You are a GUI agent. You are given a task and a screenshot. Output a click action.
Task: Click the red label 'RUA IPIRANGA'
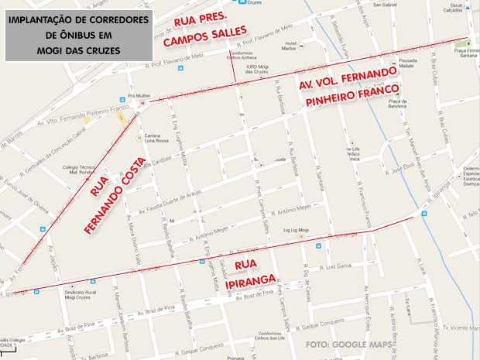pos(245,272)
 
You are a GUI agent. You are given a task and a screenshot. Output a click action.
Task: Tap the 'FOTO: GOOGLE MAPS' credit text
pos(348,345)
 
